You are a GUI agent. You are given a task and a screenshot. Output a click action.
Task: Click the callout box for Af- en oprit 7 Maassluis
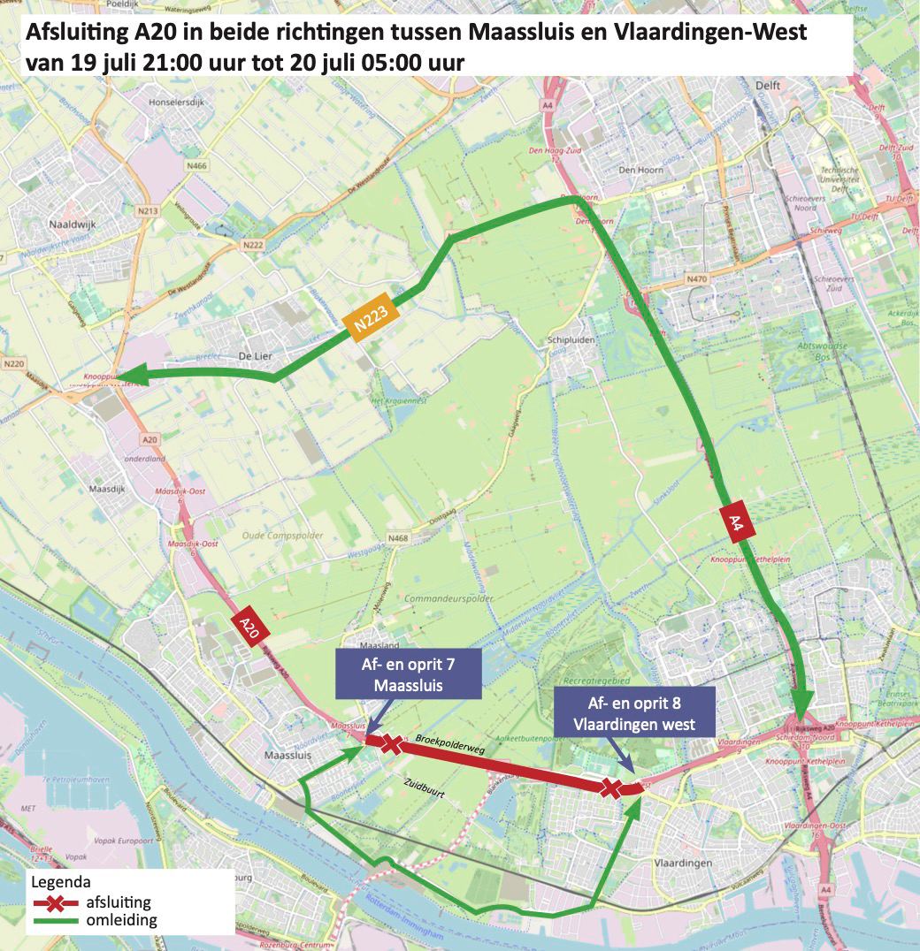tap(408, 673)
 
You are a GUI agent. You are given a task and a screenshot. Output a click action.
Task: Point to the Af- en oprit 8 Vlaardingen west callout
tap(633, 713)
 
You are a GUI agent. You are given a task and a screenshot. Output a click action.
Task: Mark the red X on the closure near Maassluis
tap(390, 744)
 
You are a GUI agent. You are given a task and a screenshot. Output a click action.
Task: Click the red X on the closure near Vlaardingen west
tap(610, 787)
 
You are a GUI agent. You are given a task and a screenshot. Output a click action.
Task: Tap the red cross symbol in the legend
tap(55, 902)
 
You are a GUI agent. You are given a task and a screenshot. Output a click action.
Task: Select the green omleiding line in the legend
tap(55, 920)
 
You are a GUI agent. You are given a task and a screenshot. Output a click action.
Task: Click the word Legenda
tap(60, 882)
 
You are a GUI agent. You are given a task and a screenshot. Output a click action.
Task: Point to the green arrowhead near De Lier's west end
tap(133, 377)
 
